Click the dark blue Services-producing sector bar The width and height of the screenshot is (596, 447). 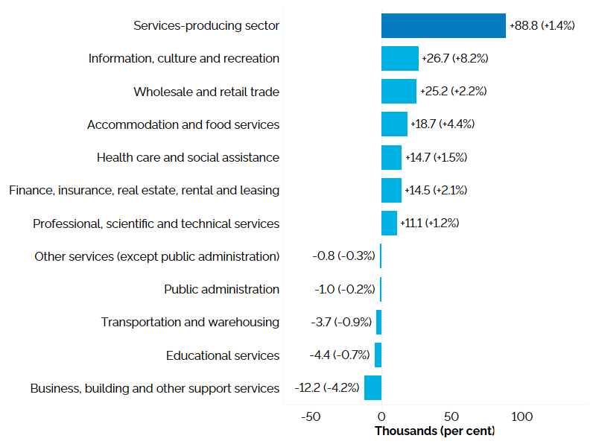[443, 25]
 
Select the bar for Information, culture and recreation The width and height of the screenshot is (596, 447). [400, 58]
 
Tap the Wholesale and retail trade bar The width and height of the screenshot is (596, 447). [399, 91]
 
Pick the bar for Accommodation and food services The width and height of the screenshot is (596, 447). [394, 124]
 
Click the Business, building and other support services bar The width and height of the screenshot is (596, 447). [372, 388]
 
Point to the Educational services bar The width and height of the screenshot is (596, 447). [378, 355]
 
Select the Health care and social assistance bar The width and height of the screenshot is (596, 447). [391, 157]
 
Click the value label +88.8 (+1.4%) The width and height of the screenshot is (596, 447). [542, 25]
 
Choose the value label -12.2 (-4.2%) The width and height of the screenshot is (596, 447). [326, 388]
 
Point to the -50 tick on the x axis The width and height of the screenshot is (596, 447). [310, 416]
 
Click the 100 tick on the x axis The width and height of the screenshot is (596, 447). [522, 416]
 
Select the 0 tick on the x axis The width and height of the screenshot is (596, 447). [381, 416]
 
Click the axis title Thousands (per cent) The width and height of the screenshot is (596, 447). [434, 431]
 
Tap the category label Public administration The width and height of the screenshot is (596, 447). [221, 289]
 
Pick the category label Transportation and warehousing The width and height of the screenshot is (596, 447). [190, 322]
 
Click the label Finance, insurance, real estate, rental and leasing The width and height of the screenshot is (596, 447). [144, 190]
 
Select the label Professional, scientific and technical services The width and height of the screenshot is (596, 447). [156, 223]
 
